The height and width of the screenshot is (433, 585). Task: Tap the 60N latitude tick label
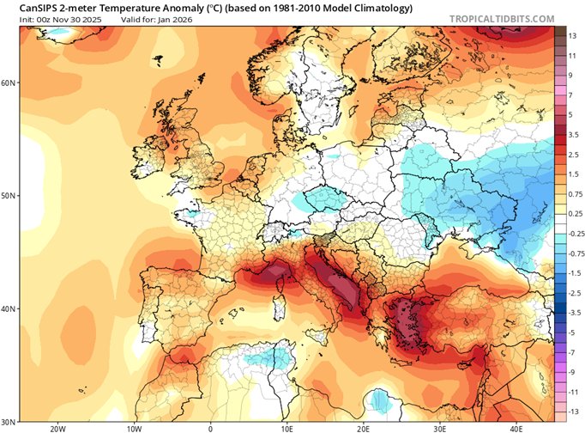[x=9, y=83]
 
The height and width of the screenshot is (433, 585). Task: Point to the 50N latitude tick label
[x=9, y=196]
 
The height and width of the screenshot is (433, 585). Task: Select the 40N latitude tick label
[x=9, y=308]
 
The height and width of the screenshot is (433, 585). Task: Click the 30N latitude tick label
[x=9, y=420]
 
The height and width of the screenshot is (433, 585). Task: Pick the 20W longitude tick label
[x=57, y=427]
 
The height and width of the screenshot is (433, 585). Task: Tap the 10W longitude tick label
[x=134, y=427]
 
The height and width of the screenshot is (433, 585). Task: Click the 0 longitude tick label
[x=210, y=427]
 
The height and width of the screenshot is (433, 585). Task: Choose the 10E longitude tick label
[x=286, y=427]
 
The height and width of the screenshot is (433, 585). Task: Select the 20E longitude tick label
[x=363, y=427]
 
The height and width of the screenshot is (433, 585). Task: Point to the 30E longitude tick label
[x=439, y=427]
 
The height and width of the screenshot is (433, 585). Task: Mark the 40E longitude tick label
[x=516, y=427]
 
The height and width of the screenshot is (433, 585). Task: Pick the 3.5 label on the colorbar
[x=573, y=135]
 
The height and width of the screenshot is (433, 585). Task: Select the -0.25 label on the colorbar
[x=575, y=233]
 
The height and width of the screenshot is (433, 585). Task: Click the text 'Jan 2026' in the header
[x=178, y=18]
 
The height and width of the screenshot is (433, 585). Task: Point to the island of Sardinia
[x=277, y=308]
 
